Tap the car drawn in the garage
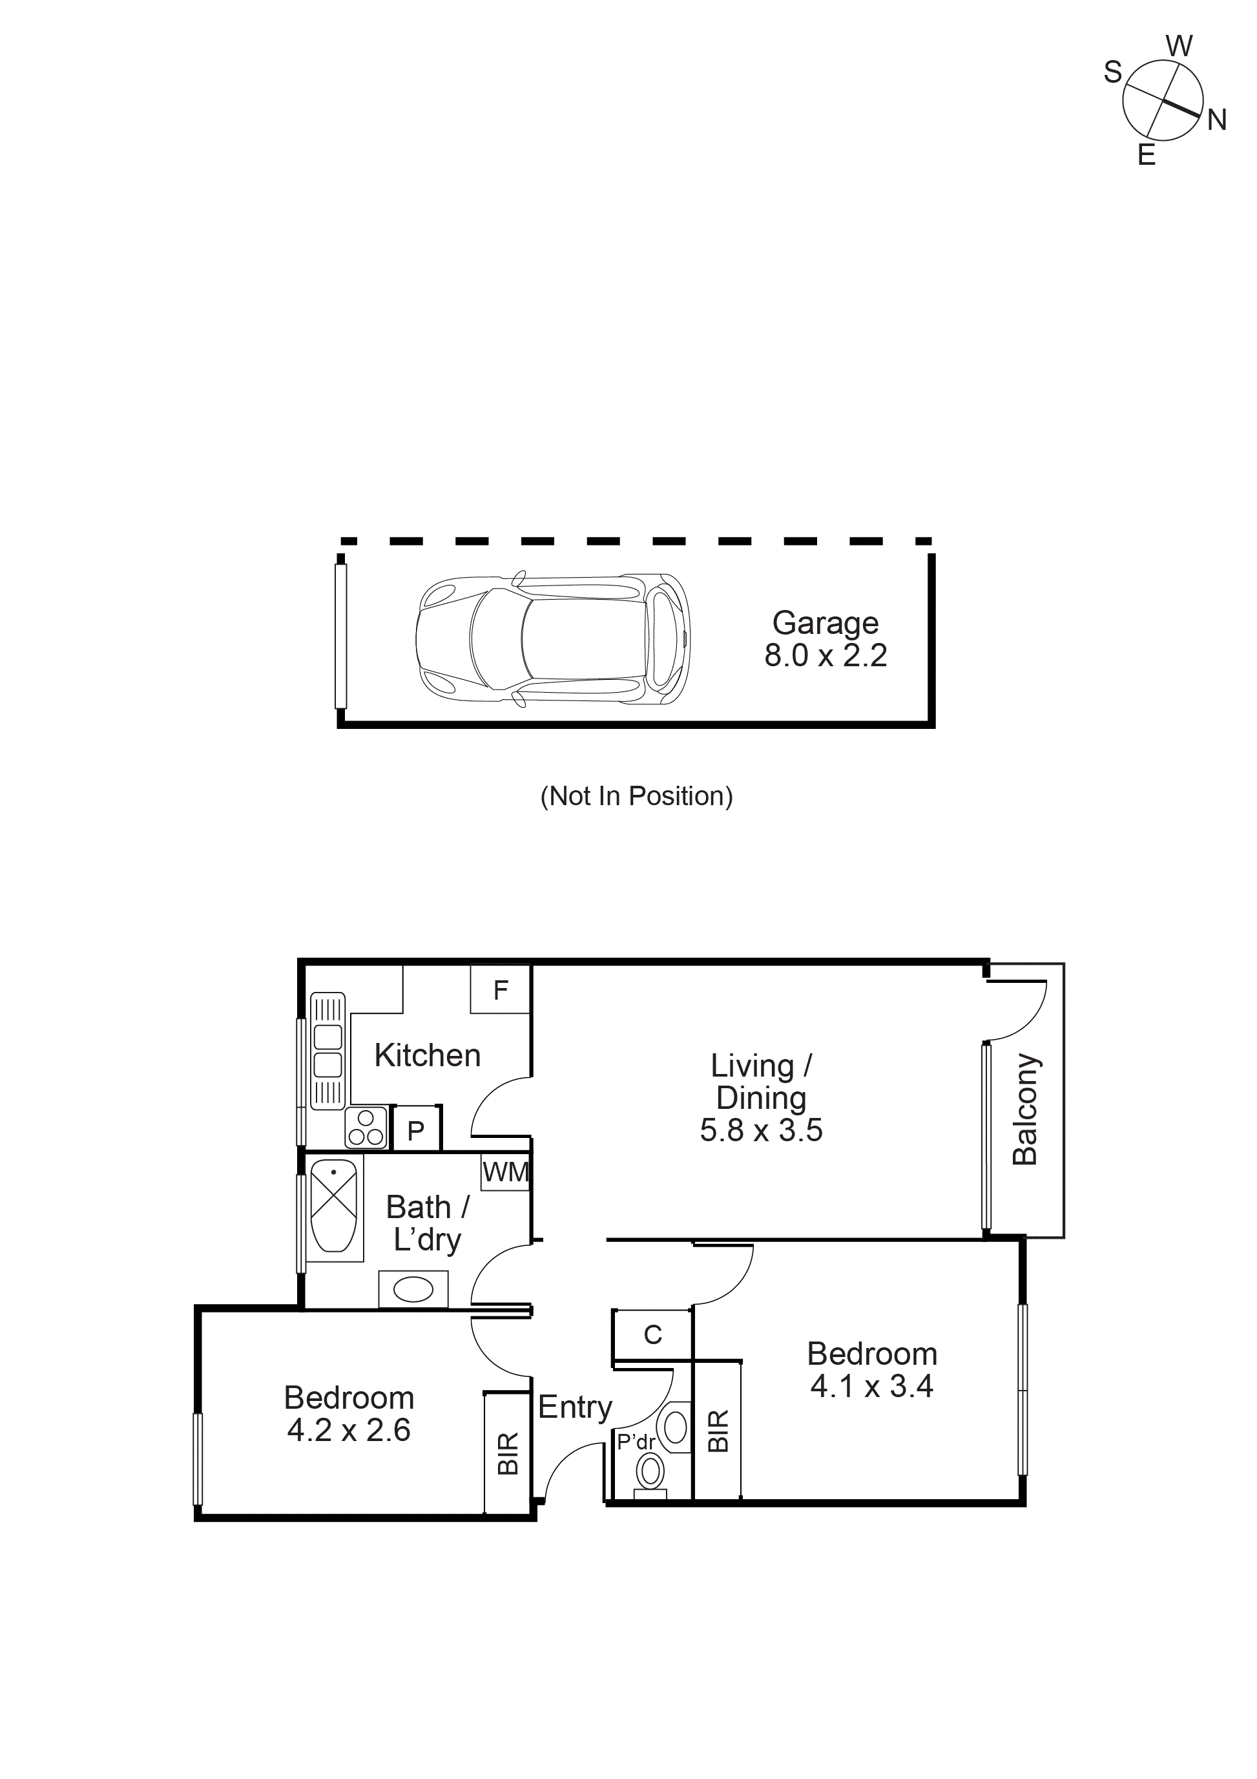552,640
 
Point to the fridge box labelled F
501,989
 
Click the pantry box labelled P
416,1132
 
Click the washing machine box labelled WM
505,1172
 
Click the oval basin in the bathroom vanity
413,1290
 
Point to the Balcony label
1024,1108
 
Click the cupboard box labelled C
652,1334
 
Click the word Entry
575,1407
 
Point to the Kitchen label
427,1055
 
